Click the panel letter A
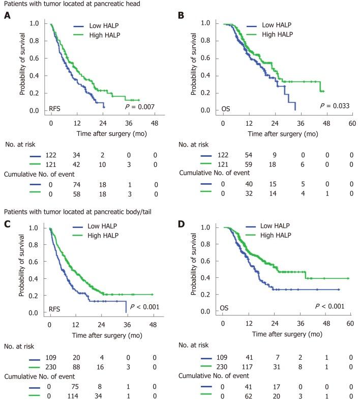coord(7,15)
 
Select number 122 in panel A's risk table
coord(51,157)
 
